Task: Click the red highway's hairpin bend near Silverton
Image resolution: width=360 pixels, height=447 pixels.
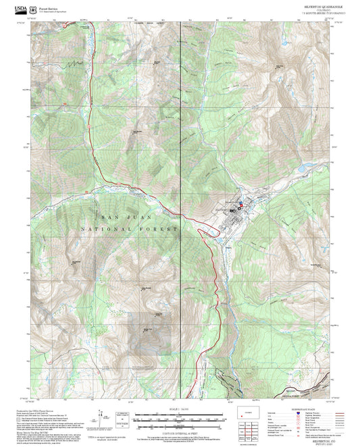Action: pyautogui.click(x=201, y=233)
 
